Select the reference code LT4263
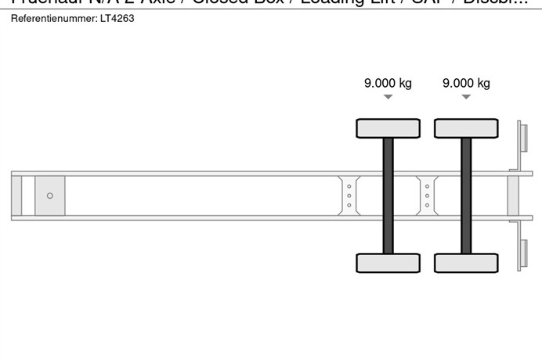(116, 18)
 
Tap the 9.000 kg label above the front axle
(388, 84)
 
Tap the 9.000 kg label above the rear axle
(466, 84)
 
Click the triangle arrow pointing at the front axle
(388, 97)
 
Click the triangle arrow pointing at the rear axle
(466, 97)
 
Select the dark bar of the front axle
(388, 196)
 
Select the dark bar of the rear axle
(466, 196)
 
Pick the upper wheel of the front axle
(388, 128)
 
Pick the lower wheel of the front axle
(388, 263)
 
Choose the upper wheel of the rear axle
(466, 128)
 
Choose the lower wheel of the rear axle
(466, 263)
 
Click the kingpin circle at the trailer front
(50, 196)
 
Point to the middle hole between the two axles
(427, 196)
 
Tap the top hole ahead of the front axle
(349, 186)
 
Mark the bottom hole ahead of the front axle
(349, 205)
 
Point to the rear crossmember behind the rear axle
(513, 196)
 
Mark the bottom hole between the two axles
(427, 205)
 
